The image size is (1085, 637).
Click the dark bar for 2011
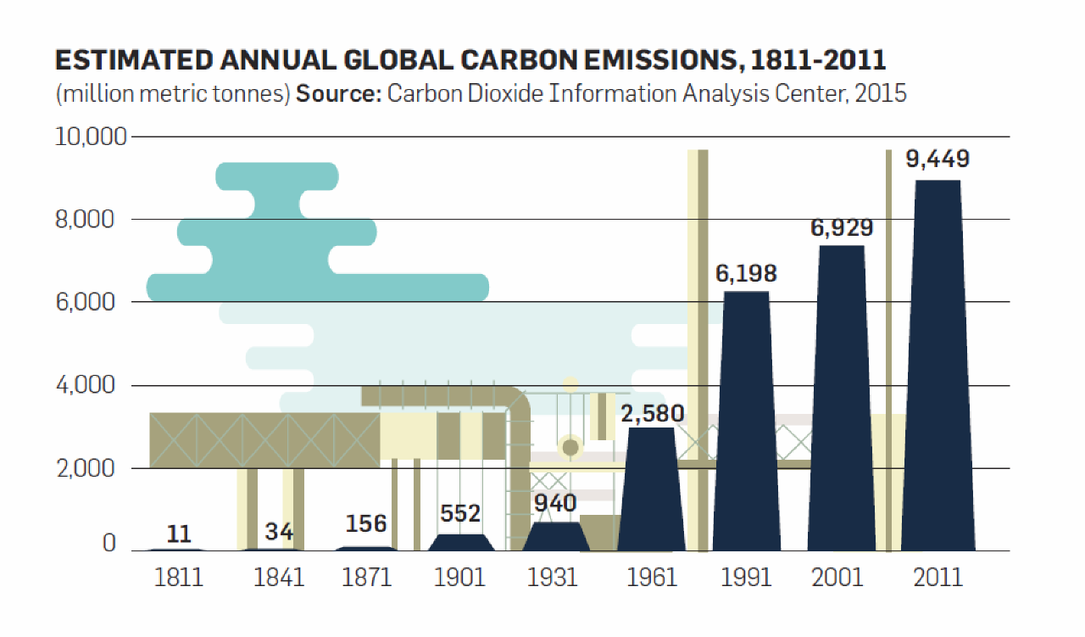(x=938, y=365)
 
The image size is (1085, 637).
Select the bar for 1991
(x=747, y=420)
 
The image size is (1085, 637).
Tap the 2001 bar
(x=841, y=399)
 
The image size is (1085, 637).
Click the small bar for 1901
(x=459, y=543)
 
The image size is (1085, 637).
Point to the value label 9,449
(x=938, y=159)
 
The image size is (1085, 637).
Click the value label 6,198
(x=746, y=273)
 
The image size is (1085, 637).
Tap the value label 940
(x=555, y=503)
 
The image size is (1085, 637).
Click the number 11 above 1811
(x=179, y=534)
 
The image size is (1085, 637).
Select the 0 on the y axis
(x=109, y=544)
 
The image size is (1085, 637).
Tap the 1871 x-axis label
(x=366, y=578)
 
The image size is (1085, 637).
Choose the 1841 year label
(x=279, y=578)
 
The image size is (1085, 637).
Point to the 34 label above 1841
(x=279, y=532)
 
